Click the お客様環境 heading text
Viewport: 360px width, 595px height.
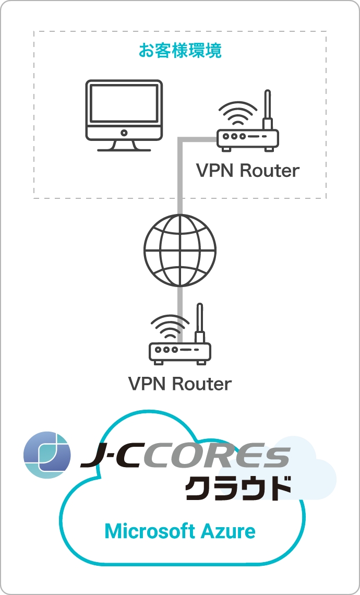[x=180, y=51]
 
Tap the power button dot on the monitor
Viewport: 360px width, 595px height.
[x=124, y=133]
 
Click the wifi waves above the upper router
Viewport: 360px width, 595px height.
[x=238, y=112]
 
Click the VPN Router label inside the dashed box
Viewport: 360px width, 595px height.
[x=248, y=171]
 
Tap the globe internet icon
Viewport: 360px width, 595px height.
[x=180, y=251]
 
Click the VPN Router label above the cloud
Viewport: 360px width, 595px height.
[x=180, y=384]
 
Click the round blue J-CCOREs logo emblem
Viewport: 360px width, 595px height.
[x=47, y=455]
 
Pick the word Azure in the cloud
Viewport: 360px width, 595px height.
[x=228, y=531]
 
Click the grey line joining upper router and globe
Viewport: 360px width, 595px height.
[x=180, y=177]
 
